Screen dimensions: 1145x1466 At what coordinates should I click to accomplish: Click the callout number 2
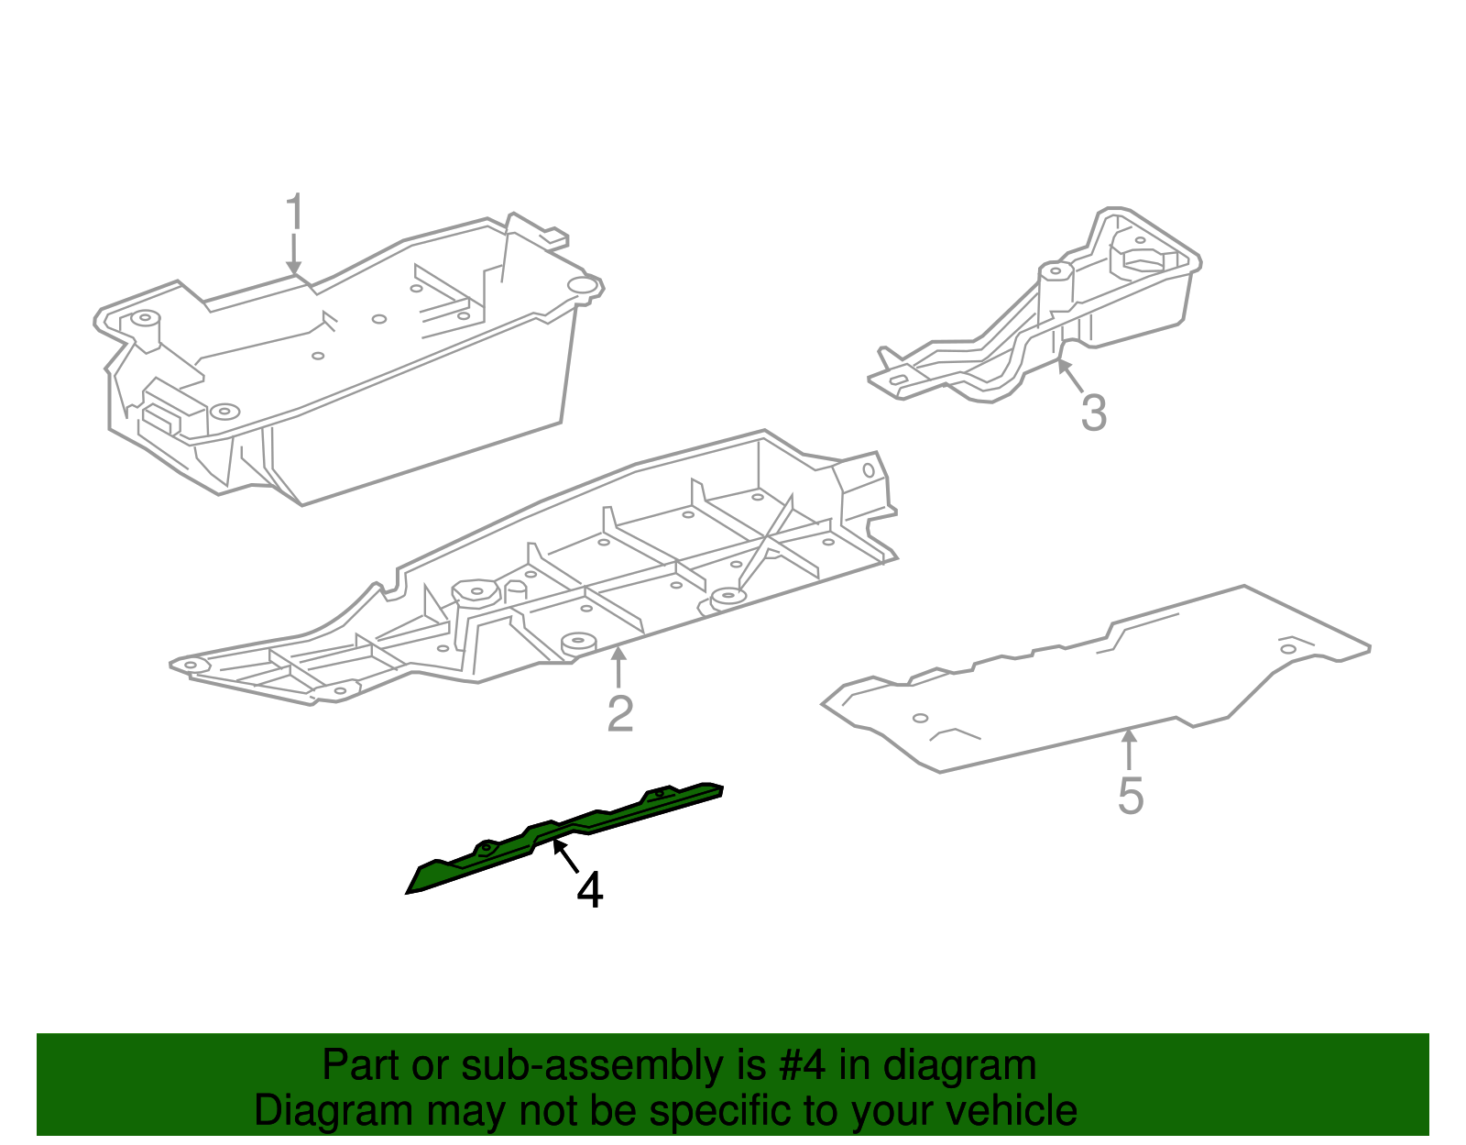pos(620,713)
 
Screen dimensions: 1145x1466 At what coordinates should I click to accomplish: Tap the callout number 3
pos(1093,413)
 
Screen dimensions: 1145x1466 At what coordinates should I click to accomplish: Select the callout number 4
pos(589,890)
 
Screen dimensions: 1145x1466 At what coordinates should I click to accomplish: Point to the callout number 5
pos(1131,795)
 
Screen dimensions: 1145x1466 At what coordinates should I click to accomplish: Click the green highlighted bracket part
pos(513,844)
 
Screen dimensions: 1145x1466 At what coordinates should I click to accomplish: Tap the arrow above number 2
pos(619,666)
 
